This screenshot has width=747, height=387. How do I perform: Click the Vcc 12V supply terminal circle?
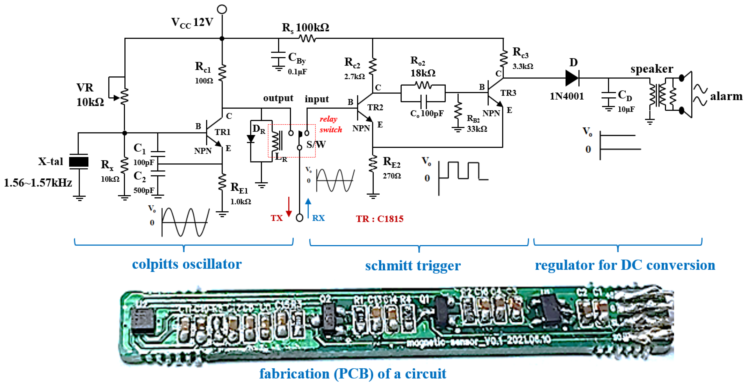(222, 9)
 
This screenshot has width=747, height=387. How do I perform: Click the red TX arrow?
(289, 207)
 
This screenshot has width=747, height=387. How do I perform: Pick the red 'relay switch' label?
(331, 124)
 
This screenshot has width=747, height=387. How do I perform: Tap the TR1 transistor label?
(222, 132)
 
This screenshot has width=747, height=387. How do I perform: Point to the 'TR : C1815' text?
(380, 219)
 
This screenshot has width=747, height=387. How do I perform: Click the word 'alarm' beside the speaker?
(726, 96)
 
